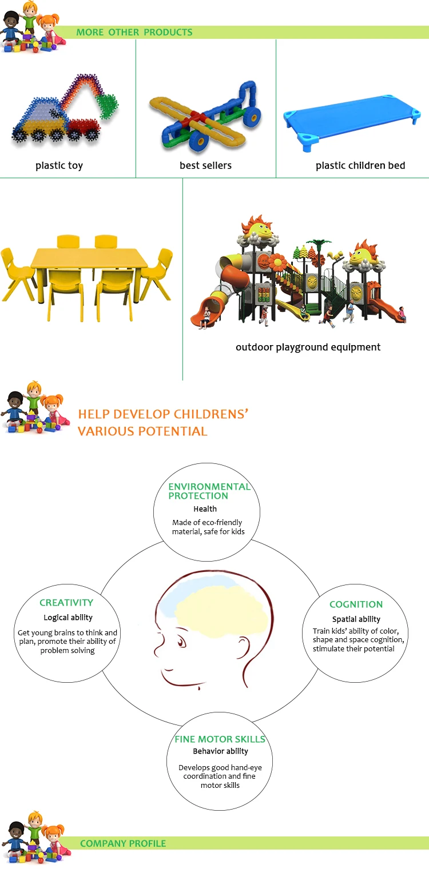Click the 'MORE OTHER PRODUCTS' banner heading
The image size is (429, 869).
134,32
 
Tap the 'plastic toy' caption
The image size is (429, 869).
59,166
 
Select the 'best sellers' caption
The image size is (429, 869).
205,165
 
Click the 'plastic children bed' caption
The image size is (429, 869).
360,166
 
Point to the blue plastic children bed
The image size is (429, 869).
352,118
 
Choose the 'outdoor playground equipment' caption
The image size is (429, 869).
308,347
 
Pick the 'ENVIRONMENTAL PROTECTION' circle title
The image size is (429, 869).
210,491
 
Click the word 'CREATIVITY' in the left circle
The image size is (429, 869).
66,603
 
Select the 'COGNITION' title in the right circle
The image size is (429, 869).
356,604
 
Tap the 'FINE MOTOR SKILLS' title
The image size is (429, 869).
220,739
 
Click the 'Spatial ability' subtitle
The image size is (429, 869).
356,619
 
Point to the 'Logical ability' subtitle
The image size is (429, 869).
68,618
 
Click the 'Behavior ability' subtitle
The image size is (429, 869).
221,751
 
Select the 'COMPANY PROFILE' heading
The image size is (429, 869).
123,843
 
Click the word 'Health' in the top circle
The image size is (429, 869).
205,509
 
